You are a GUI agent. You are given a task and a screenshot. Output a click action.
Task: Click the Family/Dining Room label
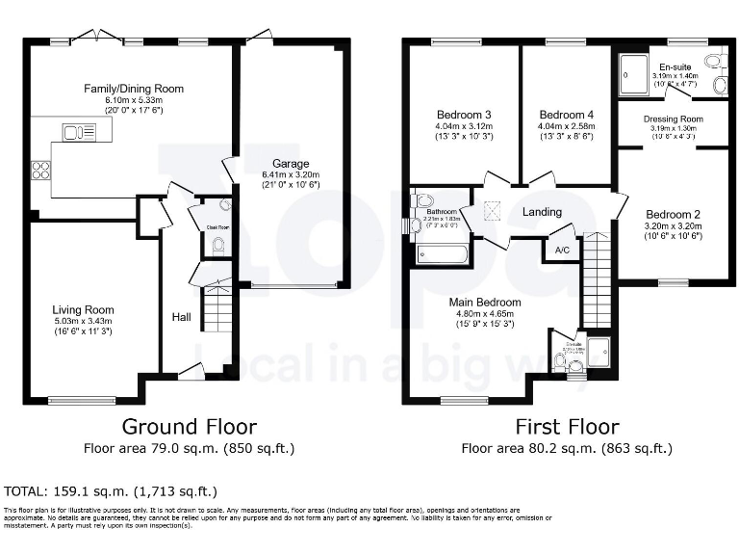(x=133, y=89)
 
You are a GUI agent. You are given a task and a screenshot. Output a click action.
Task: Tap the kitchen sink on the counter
(x=73, y=131)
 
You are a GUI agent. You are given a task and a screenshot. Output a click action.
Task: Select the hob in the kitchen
(x=42, y=170)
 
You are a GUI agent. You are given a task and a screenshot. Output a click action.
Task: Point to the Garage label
(x=290, y=163)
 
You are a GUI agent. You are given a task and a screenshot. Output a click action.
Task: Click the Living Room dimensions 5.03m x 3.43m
(x=84, y=321)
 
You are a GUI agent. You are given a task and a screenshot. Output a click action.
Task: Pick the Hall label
(x=181, y=316)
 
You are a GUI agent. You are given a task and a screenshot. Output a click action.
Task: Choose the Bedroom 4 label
(x=566, y=115)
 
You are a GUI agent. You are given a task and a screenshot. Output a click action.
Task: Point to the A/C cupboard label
(x=560, y=249)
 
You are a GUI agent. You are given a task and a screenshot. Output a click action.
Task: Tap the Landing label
(x=542, y=212)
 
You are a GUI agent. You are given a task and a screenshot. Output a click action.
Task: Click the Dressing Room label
(x=673, y=119)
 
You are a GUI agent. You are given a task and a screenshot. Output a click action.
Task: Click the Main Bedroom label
(x=485, y=302)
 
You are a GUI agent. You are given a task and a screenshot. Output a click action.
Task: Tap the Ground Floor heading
(x=189, y=426)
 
